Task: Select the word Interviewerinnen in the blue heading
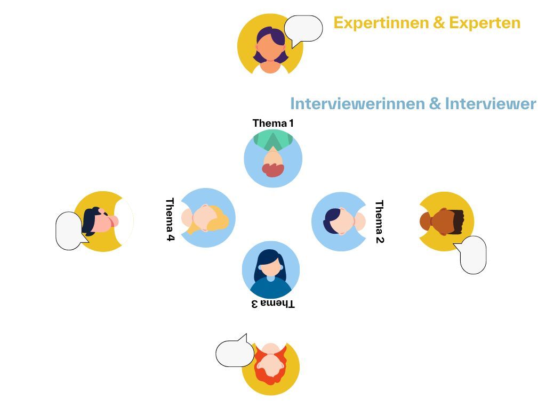coord(357,103)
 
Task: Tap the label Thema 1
coord(273,124)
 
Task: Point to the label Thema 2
coord(380,222)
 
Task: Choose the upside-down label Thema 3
coord(273,304)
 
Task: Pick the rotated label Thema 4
coord(170,219)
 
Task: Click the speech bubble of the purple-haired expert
coord(303,29)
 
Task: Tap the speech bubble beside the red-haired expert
coord(235,353)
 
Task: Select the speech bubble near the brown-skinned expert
coord(473,255)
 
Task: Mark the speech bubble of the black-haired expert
coord(70,231)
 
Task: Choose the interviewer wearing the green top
coord(273,158)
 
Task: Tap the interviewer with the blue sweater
coord(271,270)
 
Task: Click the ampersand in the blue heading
coord(435,103)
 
